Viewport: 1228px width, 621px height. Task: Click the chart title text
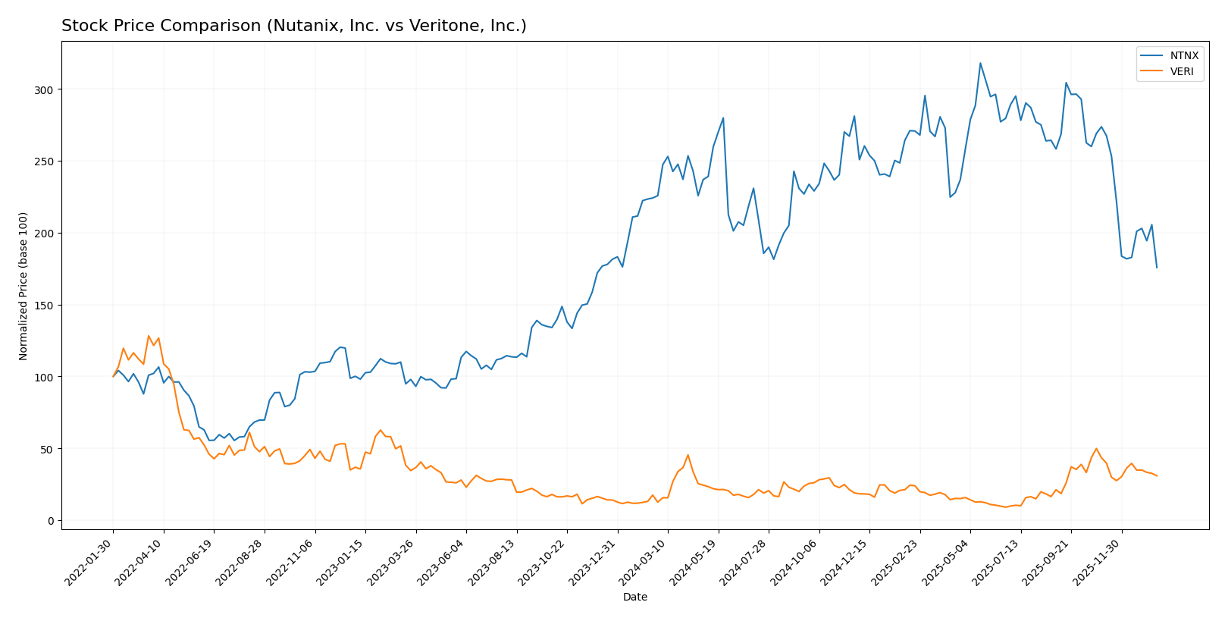(293, 26)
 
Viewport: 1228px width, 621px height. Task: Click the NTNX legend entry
(1183, 55)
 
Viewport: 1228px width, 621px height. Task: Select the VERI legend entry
(1182, 72)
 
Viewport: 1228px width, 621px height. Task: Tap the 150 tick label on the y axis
(47, 306)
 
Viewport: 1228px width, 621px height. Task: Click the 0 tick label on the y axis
(52, 521)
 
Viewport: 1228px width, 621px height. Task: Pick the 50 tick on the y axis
(49, 449)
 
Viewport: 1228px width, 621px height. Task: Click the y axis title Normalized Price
(23, 286)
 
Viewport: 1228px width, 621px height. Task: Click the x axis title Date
(634, 597)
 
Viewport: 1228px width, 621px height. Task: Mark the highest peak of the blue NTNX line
(980, 63)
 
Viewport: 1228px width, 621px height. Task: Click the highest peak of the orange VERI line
(149, 336)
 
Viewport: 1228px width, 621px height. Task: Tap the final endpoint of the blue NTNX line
(1157, 268)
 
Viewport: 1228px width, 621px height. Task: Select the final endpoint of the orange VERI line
(1157, 476)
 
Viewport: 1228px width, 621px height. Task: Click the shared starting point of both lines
(113, 377)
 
